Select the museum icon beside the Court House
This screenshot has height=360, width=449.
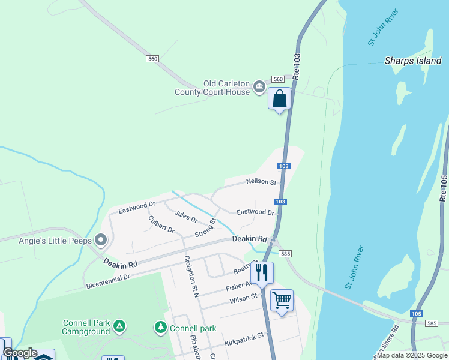259,88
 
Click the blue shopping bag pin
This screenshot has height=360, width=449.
280,99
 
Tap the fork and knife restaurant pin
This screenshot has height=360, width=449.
262,273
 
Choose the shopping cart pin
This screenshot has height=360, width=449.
282,300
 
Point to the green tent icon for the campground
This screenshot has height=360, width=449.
120,326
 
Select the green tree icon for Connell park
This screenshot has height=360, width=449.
160,328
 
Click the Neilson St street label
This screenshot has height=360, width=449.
261,182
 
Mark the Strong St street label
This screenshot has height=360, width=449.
205,228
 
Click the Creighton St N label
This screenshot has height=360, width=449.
191,277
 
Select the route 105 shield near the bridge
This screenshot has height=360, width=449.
415,313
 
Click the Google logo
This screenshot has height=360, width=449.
20,353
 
